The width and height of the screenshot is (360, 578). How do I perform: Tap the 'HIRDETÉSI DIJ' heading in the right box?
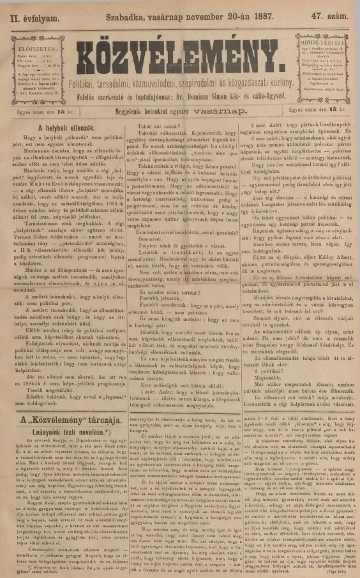[x=324, y=38]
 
